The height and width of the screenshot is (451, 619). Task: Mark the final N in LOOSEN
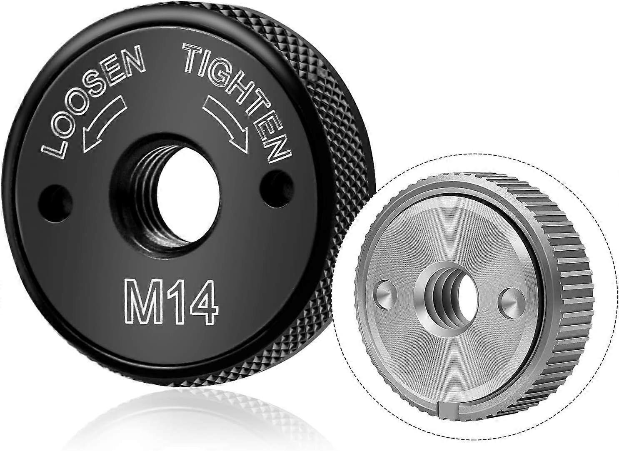coord(134,62)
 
